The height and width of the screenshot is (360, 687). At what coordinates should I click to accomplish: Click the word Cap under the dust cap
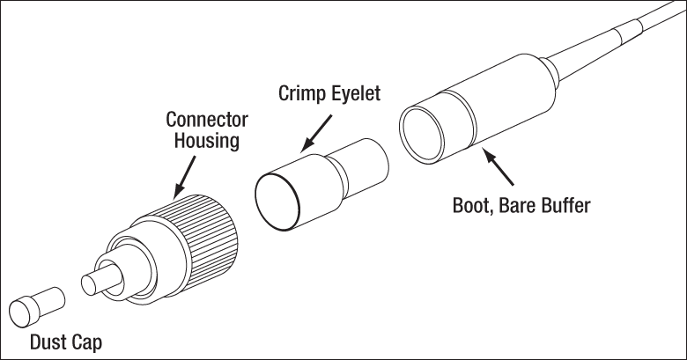[x=85, y=342]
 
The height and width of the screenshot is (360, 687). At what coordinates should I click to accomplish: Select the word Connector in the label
[x=208, y=120]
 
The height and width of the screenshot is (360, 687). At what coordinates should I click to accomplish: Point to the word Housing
[x=207, y=141]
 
